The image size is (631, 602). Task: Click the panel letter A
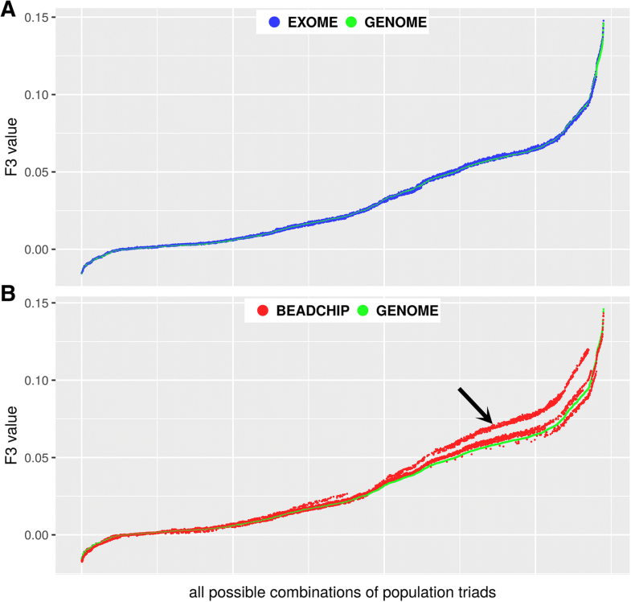coord(10,11)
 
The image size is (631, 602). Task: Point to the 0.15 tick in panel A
coord(37,18)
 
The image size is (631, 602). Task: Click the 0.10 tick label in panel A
coord(37,95)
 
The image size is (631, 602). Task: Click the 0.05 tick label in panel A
coord(37,172)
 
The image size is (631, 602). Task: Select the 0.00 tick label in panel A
coord(37,249)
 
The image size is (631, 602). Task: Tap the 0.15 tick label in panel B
coord(37,303)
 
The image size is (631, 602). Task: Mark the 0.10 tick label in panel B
coord(37,380)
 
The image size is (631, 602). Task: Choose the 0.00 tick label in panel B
coord(37,535)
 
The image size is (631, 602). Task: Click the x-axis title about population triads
coord(343,592)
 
